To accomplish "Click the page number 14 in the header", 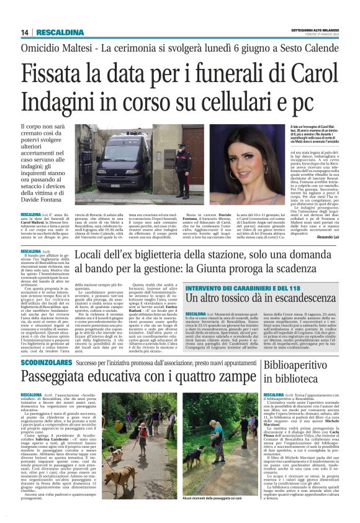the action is (25, 32).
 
